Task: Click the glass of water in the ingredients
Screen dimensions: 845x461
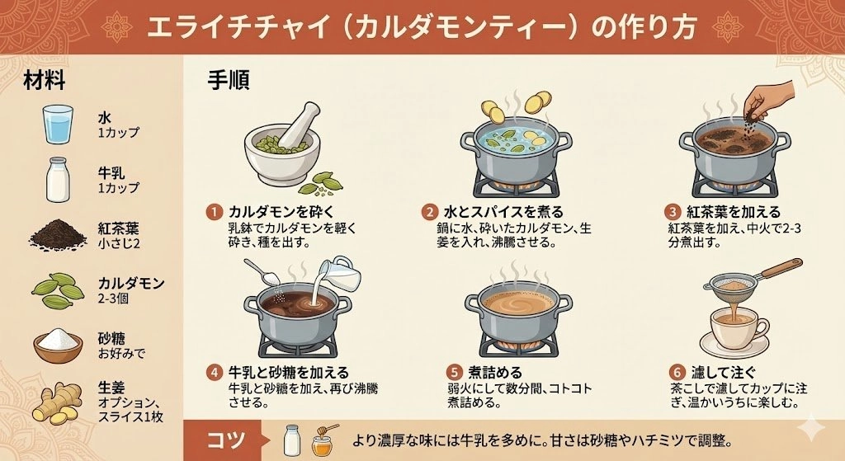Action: pos(58,125)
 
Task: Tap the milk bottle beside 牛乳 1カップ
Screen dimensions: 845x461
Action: pos(58,180)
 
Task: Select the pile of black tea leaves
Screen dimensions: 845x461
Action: pos(58,234)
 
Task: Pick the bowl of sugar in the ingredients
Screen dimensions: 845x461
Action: pos(58,345)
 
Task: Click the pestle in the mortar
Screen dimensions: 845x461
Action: pos(295,125)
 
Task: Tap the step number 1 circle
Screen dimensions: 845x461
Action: pos(214,212)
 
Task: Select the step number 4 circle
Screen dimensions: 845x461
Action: pos(215,373)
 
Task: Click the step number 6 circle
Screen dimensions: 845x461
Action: pos(677,373)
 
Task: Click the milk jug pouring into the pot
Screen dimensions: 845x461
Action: pos(338,272)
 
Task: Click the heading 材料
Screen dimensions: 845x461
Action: pos(45,81)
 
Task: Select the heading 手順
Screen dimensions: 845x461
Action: pos(229,81)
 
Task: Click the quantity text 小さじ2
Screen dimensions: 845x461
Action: pos(119,244)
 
